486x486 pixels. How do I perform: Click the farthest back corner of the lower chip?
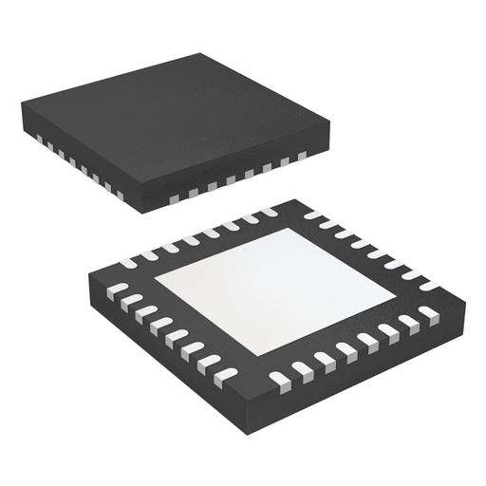(293, 199)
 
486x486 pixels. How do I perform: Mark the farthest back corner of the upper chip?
(200, 54)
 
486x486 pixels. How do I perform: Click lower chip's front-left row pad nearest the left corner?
(116, 288)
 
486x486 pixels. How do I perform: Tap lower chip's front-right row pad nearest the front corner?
(280, 378)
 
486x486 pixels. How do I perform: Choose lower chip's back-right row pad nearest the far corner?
(314, 215)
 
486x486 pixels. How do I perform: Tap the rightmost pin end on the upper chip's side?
(302, 156)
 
